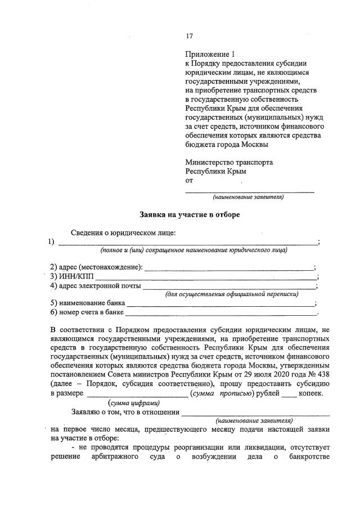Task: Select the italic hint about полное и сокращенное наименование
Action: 193,250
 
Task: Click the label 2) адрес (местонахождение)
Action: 96,267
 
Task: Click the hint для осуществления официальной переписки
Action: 231,294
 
